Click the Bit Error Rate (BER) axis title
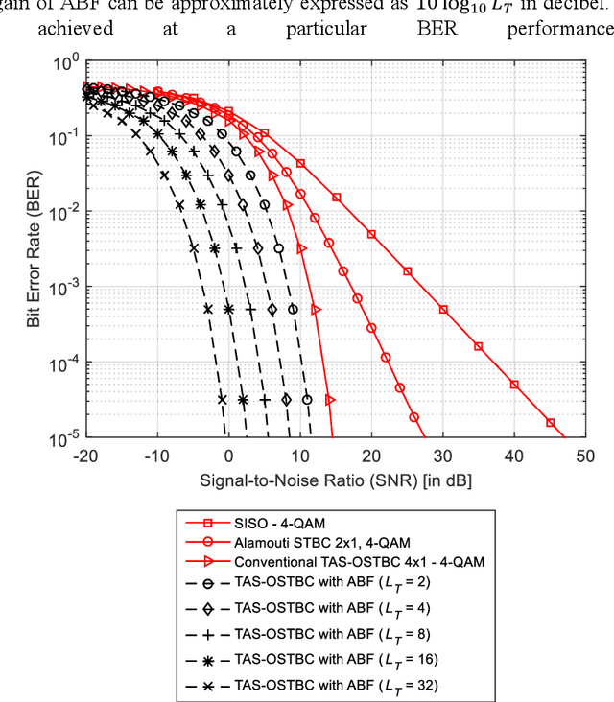34,251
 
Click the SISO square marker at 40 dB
514,385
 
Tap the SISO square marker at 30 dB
443,310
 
